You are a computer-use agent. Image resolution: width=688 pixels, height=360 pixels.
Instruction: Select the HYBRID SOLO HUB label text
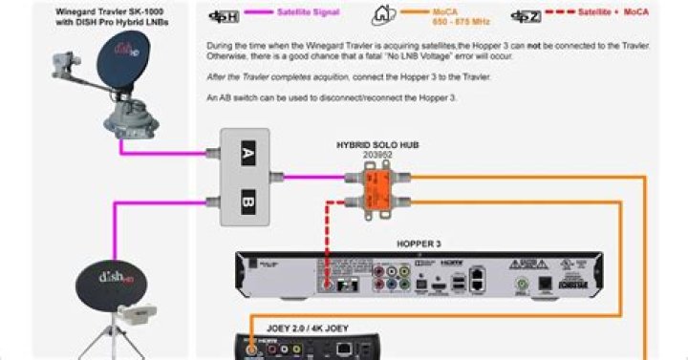pos(377,144)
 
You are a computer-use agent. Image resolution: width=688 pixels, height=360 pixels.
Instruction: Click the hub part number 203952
pos(377,154)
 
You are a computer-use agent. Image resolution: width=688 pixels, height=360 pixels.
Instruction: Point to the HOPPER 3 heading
pos(419,244)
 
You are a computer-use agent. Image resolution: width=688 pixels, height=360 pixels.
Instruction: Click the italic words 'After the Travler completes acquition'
pos(277,76)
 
